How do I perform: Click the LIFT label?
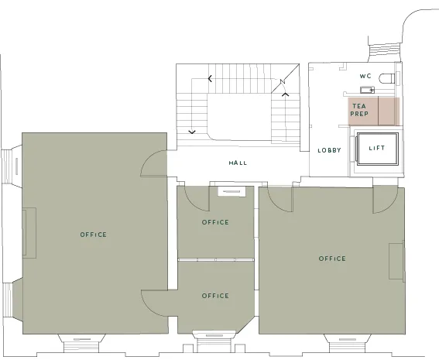pos(377,148)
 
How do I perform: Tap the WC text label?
pos(365,76)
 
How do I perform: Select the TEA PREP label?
pos(359,110)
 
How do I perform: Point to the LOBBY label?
pos(330,150)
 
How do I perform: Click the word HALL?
pos(238,163)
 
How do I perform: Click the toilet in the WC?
pos(387,78)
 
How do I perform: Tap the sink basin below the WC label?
pos(367,90)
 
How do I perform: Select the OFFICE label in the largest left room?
pos(94,235)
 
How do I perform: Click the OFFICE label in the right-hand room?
pos(332,259)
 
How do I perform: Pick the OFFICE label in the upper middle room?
pos(215,222)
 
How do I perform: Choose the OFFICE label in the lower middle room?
pos(215,296)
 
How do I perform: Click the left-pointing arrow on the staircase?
pos(210,79)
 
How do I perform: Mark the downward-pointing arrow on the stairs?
pos(192,132)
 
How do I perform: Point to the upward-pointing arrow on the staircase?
pos(285,94)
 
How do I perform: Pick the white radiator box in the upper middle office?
pos(232,191)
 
